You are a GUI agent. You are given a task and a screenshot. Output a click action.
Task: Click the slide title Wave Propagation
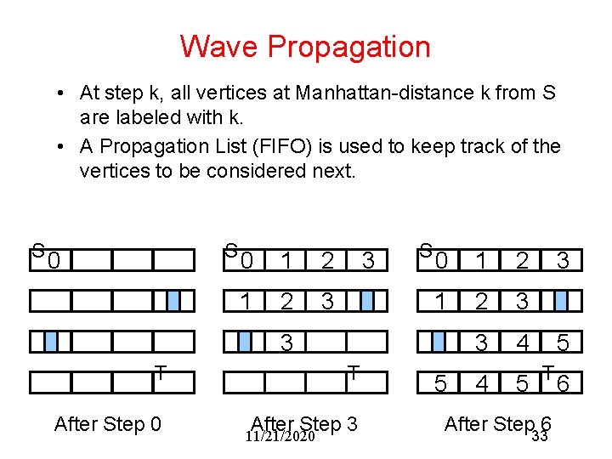click(x=305, y=46)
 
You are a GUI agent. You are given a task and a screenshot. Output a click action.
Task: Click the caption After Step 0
click(x=107, y=423)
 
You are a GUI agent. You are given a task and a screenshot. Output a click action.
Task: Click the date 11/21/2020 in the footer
click(x=280, y=437)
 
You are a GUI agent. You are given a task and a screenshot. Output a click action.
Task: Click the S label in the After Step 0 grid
click(x=37, y=251)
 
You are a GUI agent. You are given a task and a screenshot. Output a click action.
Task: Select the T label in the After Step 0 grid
click(x=160, y=371)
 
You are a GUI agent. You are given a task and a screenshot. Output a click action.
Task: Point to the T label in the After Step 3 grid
click(x=352, y=371)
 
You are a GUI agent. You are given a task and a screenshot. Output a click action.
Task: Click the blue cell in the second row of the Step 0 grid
click(x=173, y=301)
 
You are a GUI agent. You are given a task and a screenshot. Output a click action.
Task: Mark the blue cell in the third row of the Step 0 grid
click(x=51, y=342)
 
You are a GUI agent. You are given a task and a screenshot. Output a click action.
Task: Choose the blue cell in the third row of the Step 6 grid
click(x=439, y=342)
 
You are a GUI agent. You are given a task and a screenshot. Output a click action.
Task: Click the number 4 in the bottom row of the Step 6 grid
click(x=482, y=384)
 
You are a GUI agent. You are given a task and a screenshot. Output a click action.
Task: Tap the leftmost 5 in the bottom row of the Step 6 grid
click(x=439, y=384)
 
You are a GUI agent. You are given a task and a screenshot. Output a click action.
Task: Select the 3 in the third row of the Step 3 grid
click(x=287, y=343)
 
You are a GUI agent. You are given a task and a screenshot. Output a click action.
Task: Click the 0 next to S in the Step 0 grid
click(x=53, y=260)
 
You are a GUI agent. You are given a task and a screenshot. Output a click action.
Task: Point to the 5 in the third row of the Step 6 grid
click(x=563, y=343)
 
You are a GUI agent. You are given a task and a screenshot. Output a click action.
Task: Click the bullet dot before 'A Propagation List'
click(x=64, y=146)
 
